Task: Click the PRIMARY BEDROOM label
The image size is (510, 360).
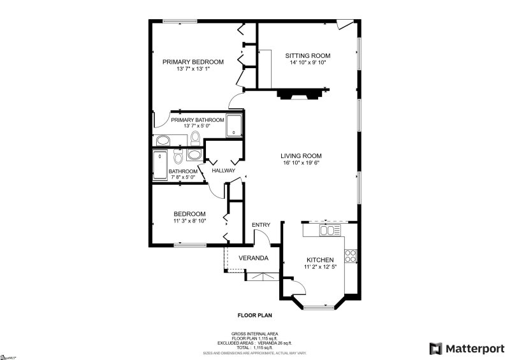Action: (193, 62)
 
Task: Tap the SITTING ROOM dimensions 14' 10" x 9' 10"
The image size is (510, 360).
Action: (307, 63)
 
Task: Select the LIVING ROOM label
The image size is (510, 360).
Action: (301, 155)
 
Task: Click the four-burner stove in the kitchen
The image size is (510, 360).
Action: (350, 256)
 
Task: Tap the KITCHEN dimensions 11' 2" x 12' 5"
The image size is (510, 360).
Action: (320, 267)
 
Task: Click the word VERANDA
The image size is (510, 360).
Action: (253, 258)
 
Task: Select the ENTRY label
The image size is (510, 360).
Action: (261, 225)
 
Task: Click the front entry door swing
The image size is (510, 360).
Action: (261, 237)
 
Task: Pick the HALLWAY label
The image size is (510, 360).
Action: (224, 171)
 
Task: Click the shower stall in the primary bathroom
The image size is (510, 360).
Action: (235, 124)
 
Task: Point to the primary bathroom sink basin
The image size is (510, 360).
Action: (163, 140)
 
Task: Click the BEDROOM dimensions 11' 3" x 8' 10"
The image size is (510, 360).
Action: (190, 221)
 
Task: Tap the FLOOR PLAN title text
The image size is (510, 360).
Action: (255, 315)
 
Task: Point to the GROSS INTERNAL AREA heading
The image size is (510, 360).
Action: (255, 333)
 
